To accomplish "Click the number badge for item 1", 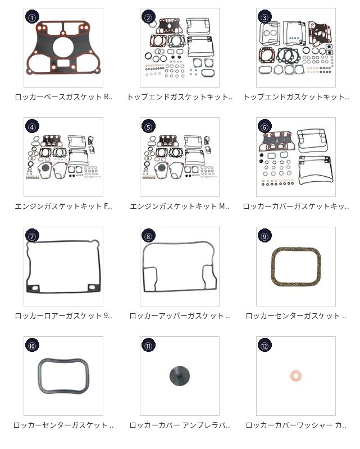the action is pos(32,17).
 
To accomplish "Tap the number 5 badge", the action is pos(148,126).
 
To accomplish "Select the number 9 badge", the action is pos(265,236).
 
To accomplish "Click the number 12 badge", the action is pos(265,345).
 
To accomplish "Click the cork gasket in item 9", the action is pos(272,268).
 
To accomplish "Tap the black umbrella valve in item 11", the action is pos(180,375).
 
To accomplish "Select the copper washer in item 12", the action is pos(296,375).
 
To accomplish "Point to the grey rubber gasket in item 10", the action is pos(40,375).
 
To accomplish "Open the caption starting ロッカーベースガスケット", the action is pos(63,97).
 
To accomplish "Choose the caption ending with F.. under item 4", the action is pos(63,206).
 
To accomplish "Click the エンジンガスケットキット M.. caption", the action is pos(180,206).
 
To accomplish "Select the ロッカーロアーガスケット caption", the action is pos(63,315).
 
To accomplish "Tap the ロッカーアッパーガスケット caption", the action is pos(180,315).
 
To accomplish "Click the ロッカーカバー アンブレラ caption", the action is pos(180,425).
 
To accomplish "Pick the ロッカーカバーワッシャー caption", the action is pos(296,425).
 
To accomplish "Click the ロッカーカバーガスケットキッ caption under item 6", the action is pos(296,206).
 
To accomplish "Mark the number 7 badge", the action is pos(32,236).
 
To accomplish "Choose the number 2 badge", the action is pos(148,17).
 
